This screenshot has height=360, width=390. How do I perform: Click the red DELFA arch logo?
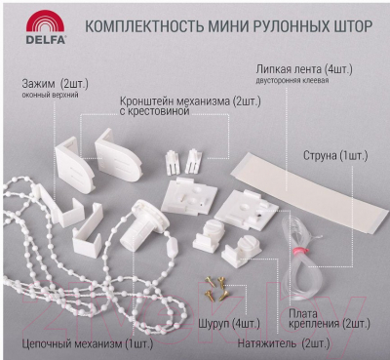pos(45,22)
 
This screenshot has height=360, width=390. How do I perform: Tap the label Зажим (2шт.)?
pos(56,84)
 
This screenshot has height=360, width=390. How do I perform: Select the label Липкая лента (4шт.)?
pos(304,69)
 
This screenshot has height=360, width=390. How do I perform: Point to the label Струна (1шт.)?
pos(335,156)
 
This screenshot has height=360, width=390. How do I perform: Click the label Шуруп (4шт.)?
pos(229,324)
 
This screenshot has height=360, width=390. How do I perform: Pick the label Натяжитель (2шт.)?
pos(284,343)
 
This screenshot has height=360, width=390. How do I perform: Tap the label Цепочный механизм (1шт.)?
pos(88,343)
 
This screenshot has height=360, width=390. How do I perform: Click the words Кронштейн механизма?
pos(175,101)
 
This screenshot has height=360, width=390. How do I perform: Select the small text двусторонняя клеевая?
pos(292,80)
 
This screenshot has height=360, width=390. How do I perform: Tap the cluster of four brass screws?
pos(216,288)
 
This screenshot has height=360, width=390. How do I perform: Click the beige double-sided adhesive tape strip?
pos(309,192)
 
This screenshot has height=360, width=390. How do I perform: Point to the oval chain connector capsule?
pos(172,247)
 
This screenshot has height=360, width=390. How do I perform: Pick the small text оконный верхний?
pos(51,96)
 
